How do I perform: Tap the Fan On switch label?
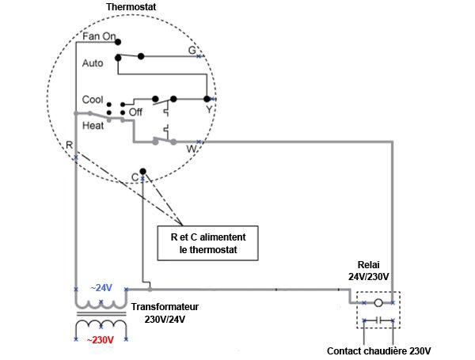pyautogui.click(x=99, y=36)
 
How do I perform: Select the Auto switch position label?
pyautogui.click(x=93, y=62)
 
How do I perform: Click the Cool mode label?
pyautogui.click(x=93, y=100)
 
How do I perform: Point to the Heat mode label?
pyautogui.click(x=93, y=125)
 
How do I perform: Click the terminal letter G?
pyautogui.click(x=192, y=50)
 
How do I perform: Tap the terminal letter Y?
pyautogui.click(x=210, y=110)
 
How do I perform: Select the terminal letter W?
pyautogui.click(x=191, y=148)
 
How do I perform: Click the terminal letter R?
pyautogui.click(x=69, y=146)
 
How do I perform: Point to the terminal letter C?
pyautogui.click(x=135, y=176)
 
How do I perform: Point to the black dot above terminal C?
pyautogui.click(x=142, y=171)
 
